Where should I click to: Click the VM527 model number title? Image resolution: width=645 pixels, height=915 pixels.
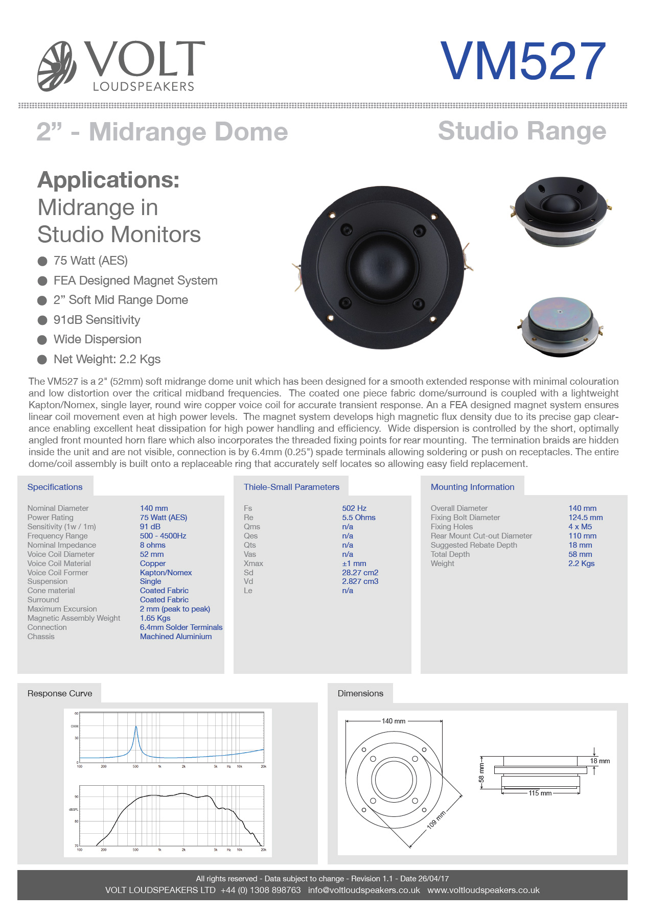coord(523,61)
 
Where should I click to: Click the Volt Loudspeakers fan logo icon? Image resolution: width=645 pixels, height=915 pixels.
coord(57,66)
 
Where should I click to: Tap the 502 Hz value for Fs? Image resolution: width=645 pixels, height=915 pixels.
coord(354,508)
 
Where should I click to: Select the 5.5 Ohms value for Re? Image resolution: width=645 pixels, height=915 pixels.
coord(359,518)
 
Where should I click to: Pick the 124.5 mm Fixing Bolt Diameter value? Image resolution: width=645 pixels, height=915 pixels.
coord(586,518)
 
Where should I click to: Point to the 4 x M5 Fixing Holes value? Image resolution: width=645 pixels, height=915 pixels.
coord(580,527)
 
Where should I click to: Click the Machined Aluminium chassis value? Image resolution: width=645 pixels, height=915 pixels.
coord(176,637)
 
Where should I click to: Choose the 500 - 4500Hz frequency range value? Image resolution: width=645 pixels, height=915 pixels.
coord(163,536)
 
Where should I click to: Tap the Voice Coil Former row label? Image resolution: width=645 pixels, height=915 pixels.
coord(58,573)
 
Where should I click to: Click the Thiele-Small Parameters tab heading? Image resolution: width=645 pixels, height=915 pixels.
coord(291,487)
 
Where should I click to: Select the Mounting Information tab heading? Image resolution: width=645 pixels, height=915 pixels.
coord(473,487)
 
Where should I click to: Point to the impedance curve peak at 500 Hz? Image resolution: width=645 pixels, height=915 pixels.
coord(136,726)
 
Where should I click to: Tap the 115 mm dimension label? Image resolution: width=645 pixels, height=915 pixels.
coord(540,793)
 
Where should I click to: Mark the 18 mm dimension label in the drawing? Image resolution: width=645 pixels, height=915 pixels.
coord(600,761)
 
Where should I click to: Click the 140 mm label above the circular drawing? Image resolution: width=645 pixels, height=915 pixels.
coord(394,721)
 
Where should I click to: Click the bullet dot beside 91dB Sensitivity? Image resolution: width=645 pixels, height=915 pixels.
coord(42,320)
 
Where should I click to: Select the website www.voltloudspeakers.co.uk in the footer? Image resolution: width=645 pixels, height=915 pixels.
coord(483,890)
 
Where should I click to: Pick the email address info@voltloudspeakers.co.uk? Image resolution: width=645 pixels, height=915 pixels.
coord(364,890)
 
